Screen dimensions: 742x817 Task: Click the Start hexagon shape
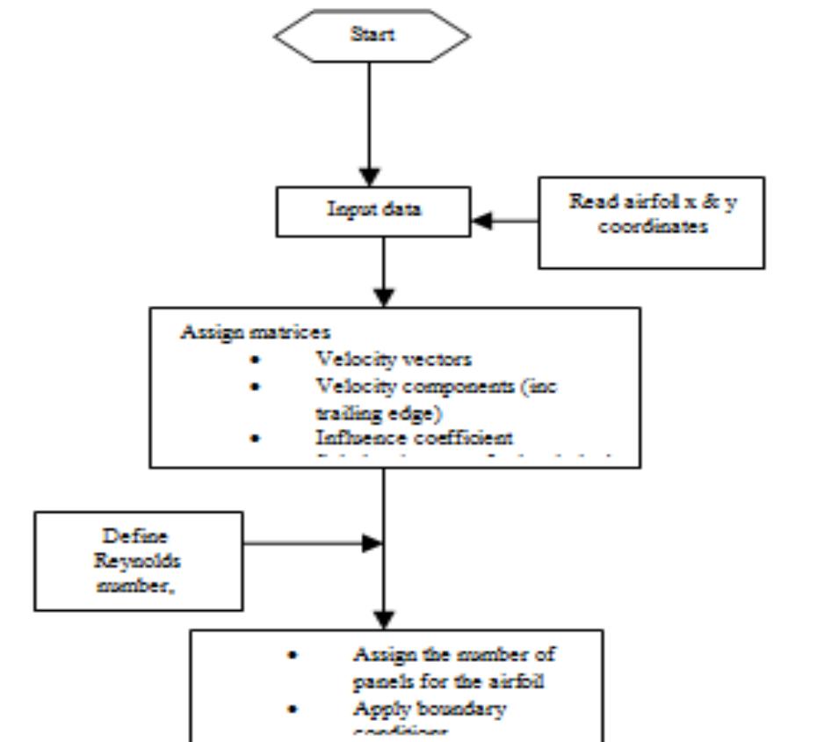click(x=372, y=36)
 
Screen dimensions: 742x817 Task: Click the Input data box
click(x=372, y=211)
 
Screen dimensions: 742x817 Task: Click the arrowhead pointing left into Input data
click(x=482, y=221)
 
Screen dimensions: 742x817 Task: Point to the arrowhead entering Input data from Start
click(x=371, y=175)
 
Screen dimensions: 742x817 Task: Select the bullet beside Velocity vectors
click(x=255, y=360)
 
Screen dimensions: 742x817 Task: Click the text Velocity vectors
click(x=394, y=359)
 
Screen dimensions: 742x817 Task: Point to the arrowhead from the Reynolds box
click(x=372, y=543)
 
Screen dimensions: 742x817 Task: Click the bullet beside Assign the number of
click(x=293, y=656)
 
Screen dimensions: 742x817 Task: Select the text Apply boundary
click(x=430, y=709)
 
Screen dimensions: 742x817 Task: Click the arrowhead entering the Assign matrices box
click(x=384, y=297)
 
